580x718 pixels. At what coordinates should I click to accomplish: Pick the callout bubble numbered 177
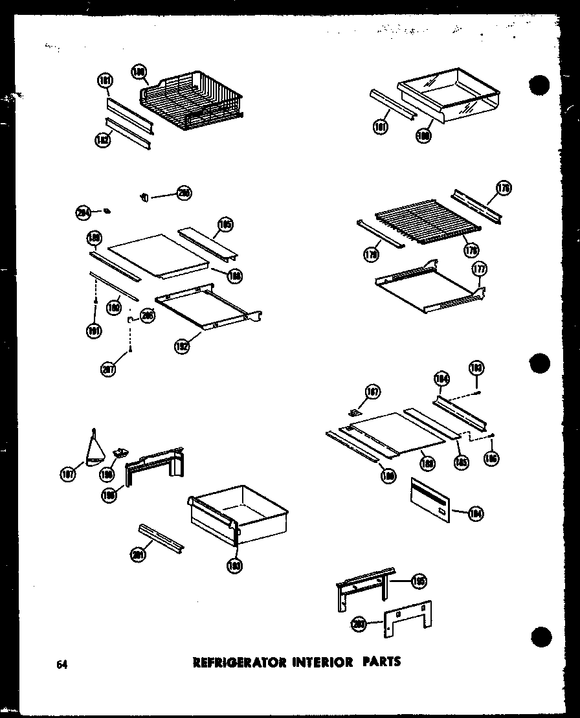click(480, 269)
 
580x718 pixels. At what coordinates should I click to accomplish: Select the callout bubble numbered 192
click(182, 346)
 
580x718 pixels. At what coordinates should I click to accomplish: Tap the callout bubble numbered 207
click(107, 370)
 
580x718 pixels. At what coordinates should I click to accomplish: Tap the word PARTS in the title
click(383, 662)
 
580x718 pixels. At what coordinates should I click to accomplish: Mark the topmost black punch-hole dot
click(539, 85)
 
